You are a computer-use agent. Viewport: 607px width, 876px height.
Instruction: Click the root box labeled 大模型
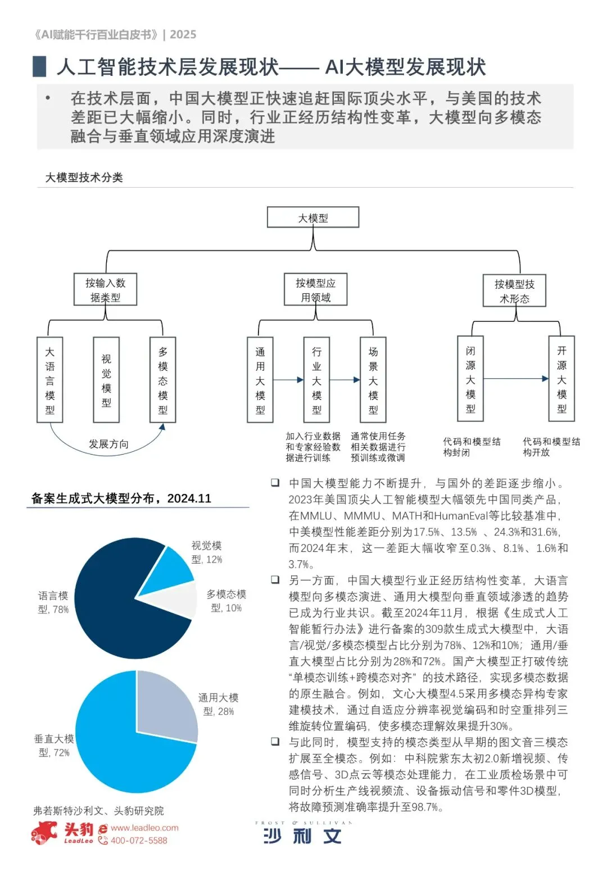pyautogui.click(x=312, y=217)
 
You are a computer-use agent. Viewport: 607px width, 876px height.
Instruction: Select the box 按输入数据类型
pyautogui.click(x=106, y=290)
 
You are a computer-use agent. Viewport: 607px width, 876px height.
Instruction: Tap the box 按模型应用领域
pyautogui.click(x=315, y=290)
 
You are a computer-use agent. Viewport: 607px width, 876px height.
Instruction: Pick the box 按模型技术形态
pyautogui.click(x=514, y=291)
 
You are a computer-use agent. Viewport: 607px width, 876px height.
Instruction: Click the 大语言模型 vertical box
pyautogui.click(x=49, y=380)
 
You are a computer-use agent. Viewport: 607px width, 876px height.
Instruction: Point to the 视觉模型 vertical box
pyautogui.click(x=106, y=380)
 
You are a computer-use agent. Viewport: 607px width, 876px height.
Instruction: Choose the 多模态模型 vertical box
pyautogui.click(x=163, y=380)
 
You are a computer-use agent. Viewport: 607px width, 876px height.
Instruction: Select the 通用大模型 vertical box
pyautogui.click(x=260, y=380)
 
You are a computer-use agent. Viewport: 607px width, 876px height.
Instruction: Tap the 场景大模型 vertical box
pyautogui.click(x=373, y=380)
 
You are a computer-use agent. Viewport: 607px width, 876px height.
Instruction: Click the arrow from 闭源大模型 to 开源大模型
pyautogui.click(x=515, y=379)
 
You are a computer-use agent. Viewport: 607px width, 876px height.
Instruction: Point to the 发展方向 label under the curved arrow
pyautogui.click(x=108, y=444)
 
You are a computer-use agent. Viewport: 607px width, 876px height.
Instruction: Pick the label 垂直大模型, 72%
pyautogui.click(x=54, y=746)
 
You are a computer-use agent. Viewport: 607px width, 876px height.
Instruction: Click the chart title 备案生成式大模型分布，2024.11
pyautogui.click(x=121, y=498)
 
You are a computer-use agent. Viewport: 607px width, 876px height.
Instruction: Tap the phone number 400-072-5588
pyautogui.click(x=139, y=841)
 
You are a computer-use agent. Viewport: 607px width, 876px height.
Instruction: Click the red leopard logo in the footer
pyautogui.click(x=45, y=832)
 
